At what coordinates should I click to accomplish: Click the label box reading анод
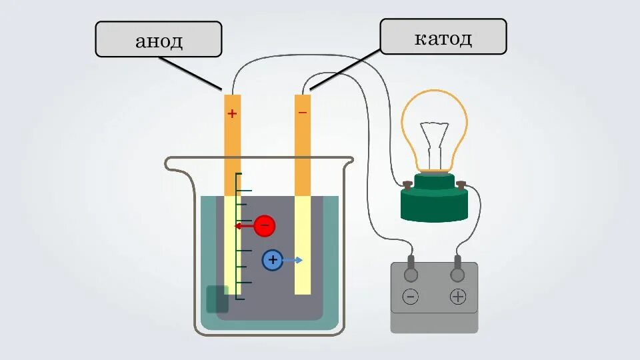coord(159,39)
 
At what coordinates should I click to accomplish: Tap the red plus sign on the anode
coord(232,114)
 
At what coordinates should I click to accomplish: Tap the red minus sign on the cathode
coord(303,113)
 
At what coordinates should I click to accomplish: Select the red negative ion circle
coord(264,226)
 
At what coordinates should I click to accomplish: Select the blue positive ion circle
coord(272,260)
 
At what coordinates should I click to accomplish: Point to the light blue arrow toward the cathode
coord(293,260)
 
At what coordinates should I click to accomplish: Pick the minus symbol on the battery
coord(411,297)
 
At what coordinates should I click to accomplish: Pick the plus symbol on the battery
coord(458,297)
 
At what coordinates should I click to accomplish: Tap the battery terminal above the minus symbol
coord(411,273)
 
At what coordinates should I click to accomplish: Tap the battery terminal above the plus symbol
coord(458,273)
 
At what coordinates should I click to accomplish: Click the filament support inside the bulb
coord(434,143)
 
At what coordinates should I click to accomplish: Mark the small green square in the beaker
coord(217,299)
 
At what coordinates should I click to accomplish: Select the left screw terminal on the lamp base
coord(407,183)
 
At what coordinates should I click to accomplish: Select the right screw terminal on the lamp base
coord(461,183)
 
